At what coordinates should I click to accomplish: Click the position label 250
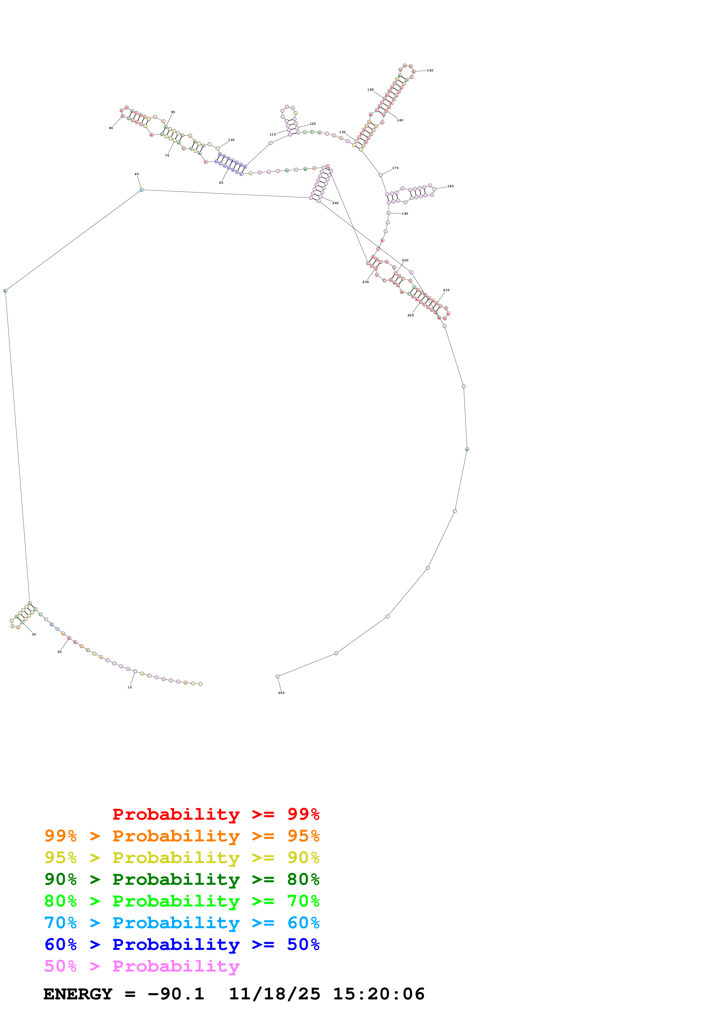click(281, 693)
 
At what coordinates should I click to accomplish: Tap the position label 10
click(130, 687)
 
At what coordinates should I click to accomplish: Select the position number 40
click(137, 174)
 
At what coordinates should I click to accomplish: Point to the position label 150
click(430, 71)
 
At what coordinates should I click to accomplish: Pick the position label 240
click(335, 203)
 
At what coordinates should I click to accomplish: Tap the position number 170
click(395, 168)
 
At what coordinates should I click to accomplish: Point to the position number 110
click(272, 134)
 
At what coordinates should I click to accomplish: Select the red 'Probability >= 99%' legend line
click(215, 814)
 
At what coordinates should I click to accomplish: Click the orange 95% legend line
click(182, 836)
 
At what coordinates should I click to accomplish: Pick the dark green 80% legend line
click(182, 879)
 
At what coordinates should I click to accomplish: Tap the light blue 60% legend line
click(182, 923)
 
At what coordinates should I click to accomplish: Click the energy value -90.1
click(176, 994)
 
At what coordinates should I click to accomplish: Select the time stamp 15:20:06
click(379, 994)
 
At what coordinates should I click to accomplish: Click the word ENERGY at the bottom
click(78, 994)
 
